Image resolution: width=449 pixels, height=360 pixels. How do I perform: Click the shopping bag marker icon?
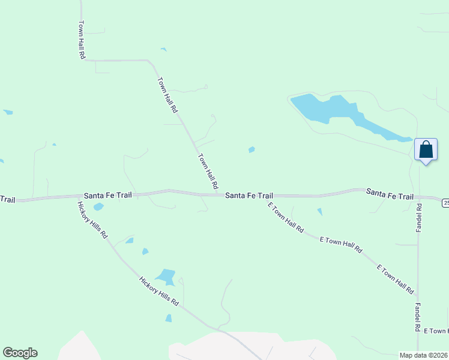click(x=426, y=149)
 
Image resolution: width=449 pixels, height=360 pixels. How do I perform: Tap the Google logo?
click(x=20, y=353)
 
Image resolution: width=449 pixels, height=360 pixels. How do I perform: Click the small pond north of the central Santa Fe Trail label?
click(x=252, y=149)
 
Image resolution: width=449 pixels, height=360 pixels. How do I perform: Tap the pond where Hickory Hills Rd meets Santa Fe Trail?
click(x=98, y=207)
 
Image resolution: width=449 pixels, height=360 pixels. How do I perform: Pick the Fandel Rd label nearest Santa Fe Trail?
click(x=419, y=218)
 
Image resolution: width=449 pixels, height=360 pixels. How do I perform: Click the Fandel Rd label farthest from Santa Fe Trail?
click(x=417, y=317)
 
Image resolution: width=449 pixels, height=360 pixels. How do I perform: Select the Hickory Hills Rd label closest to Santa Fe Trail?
click(x=92, y=220)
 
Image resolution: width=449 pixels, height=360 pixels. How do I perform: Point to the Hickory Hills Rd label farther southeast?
click(x=159, y=291)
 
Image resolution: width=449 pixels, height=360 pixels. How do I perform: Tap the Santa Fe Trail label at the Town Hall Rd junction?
click(x=249, y=196)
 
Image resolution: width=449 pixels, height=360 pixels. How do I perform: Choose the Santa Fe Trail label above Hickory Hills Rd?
click(x=108, y=195)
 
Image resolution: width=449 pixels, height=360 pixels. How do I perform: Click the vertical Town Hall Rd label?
click(x=82, y=40)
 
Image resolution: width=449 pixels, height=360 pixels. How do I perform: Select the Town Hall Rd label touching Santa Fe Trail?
click(x=208, y=172)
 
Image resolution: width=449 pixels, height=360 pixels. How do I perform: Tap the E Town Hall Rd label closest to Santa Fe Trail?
click(x=286, y=218)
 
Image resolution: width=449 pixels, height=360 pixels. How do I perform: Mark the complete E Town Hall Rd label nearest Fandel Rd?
click(x=395, y=279)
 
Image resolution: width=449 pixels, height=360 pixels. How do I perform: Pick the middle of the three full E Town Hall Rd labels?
click(x=341, y=244)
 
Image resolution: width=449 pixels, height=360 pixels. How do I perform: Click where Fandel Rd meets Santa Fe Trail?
click(x=418, y=197)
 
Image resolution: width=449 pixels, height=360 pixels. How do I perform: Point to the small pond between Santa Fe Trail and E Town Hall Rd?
click(x=319, y=212)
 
